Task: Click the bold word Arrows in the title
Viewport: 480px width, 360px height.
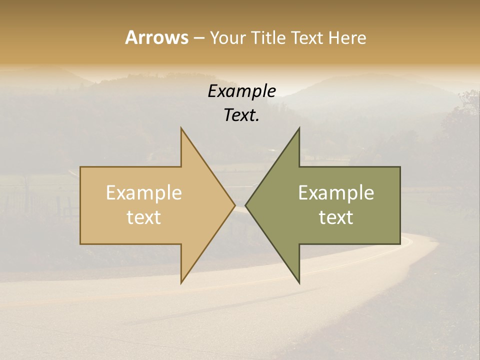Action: click(156, 37)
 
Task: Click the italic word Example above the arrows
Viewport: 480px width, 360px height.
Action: click(242, 91)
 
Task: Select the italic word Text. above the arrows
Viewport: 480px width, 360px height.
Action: click(242, 115)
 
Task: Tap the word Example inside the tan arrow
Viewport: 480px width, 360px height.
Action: click(144, 193)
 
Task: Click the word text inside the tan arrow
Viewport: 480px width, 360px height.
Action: click(144, 217)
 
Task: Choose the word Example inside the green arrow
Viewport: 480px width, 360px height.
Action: click(336, 193)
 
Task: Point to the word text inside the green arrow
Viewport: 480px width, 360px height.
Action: click(336, 217)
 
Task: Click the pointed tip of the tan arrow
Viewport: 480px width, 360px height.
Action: click(234, 205)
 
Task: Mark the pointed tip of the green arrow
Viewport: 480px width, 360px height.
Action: click(246, 205)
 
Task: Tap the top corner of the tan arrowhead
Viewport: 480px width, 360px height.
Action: click(181, 128)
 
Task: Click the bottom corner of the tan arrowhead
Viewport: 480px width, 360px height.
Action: click(181, 282)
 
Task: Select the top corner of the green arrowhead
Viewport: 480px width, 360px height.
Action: click(299, 128)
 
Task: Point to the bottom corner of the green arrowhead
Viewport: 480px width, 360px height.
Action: click(299, 282)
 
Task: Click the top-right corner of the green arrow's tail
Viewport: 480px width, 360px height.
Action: click(400, 167)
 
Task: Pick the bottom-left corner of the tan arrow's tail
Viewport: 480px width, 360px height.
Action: click(80, 244)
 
